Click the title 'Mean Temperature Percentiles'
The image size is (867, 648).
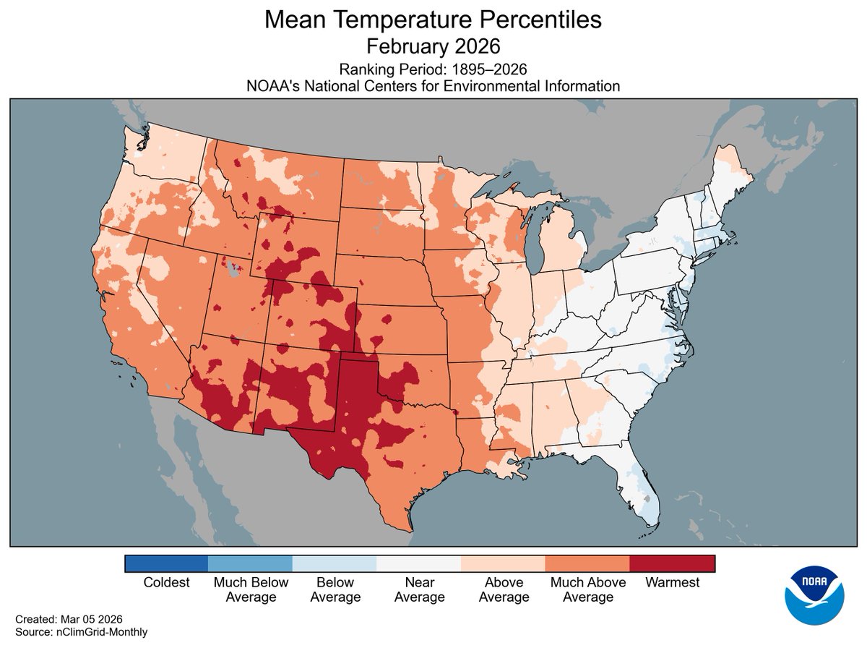pos(433,20)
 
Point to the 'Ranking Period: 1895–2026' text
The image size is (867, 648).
pos(433,69)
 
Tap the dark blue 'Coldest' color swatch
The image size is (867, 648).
pos(166,563)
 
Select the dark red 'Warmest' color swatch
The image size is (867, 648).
pos(672,563)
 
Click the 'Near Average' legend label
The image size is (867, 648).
pos(419,589)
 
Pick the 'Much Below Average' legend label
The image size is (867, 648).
pos(251,589)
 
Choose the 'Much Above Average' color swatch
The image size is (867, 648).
pos(587,563)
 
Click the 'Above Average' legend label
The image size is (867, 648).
pos(504,589)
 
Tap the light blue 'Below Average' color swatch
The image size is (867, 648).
pos(335,563)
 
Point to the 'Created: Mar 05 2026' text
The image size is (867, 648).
pos(69,620)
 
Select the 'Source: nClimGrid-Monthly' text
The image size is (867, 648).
pos(81,632)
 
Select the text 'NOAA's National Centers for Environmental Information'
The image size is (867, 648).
pos(433,86)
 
